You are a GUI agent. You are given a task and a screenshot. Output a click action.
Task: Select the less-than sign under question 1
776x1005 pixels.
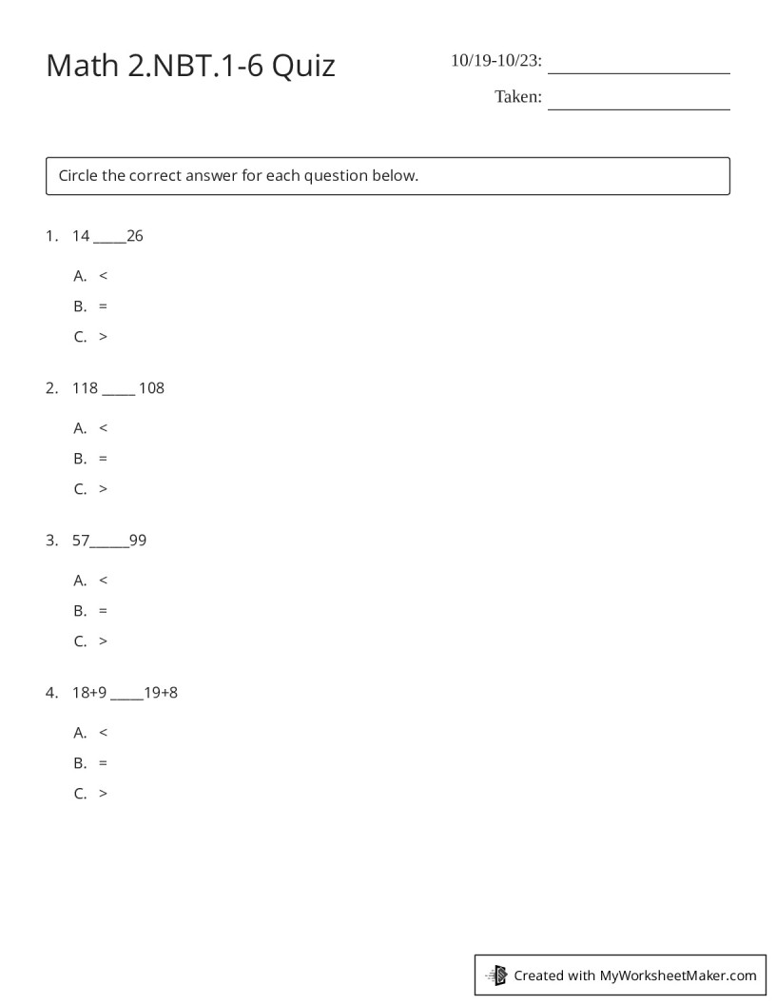point(103,276)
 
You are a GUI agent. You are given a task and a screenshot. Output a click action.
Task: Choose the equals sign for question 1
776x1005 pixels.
point(103,306)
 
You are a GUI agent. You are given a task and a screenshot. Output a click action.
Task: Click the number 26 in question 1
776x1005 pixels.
point(135,236)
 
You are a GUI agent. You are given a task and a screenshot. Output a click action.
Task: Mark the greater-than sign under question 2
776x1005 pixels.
point(103,489)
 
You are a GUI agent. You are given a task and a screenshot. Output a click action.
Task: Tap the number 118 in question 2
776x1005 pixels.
point(85,388)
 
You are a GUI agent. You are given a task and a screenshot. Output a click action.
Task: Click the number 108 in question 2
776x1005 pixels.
point(151,388)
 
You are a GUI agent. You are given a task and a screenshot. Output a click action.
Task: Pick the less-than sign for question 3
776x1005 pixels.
point(103,581)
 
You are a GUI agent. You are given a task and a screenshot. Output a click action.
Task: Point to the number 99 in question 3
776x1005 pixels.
point(138,541)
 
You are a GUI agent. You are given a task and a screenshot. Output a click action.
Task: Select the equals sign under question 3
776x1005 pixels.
point(103,611)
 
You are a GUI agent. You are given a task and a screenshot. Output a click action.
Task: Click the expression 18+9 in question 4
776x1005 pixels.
point(89,693)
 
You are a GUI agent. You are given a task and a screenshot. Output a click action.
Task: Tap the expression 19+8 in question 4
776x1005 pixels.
point(161,693)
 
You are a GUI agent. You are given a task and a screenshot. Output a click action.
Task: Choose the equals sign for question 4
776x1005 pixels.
point(103,763)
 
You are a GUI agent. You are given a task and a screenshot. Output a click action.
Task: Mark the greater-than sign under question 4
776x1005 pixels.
point(103,794)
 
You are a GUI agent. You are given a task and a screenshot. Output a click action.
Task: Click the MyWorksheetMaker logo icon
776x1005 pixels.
point(497,975)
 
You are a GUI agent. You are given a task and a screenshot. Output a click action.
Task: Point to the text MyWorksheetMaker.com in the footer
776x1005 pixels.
point(678,975)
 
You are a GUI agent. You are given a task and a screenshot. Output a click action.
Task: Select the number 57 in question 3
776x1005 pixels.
point(80,541)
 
